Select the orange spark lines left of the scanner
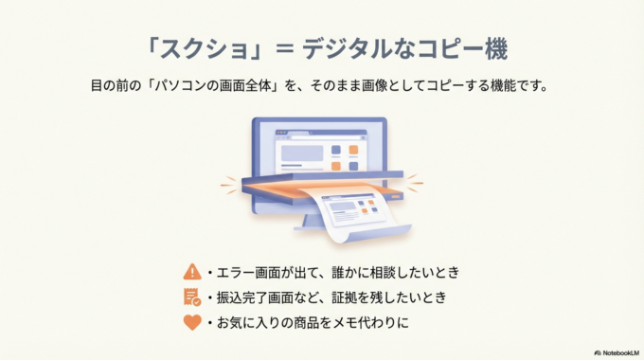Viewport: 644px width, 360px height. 228,185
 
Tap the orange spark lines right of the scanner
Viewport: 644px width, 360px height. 415,182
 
